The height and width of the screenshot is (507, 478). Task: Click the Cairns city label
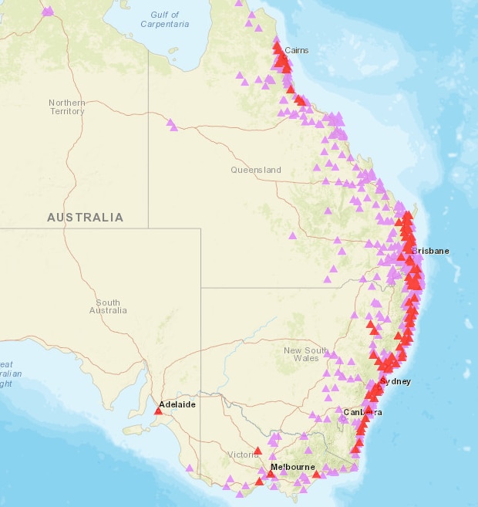297,51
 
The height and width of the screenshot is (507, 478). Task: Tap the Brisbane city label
430,252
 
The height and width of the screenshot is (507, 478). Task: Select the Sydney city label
396,381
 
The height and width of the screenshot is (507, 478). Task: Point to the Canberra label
361,412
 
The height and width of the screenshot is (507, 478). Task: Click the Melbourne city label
293,468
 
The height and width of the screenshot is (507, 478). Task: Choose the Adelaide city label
177,404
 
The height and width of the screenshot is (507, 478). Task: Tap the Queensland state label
256,170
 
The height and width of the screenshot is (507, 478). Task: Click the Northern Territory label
67,107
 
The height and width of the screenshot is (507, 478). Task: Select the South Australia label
108,306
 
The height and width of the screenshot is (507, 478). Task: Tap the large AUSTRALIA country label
85,218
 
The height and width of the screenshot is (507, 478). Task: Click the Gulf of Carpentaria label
165,19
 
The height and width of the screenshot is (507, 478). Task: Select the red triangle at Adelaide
159,411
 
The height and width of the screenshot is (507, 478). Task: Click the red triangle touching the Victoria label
258,449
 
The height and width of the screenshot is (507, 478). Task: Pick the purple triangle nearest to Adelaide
189,467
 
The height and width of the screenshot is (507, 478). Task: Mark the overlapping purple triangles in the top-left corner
49,11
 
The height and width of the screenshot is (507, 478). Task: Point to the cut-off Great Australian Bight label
6,373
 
